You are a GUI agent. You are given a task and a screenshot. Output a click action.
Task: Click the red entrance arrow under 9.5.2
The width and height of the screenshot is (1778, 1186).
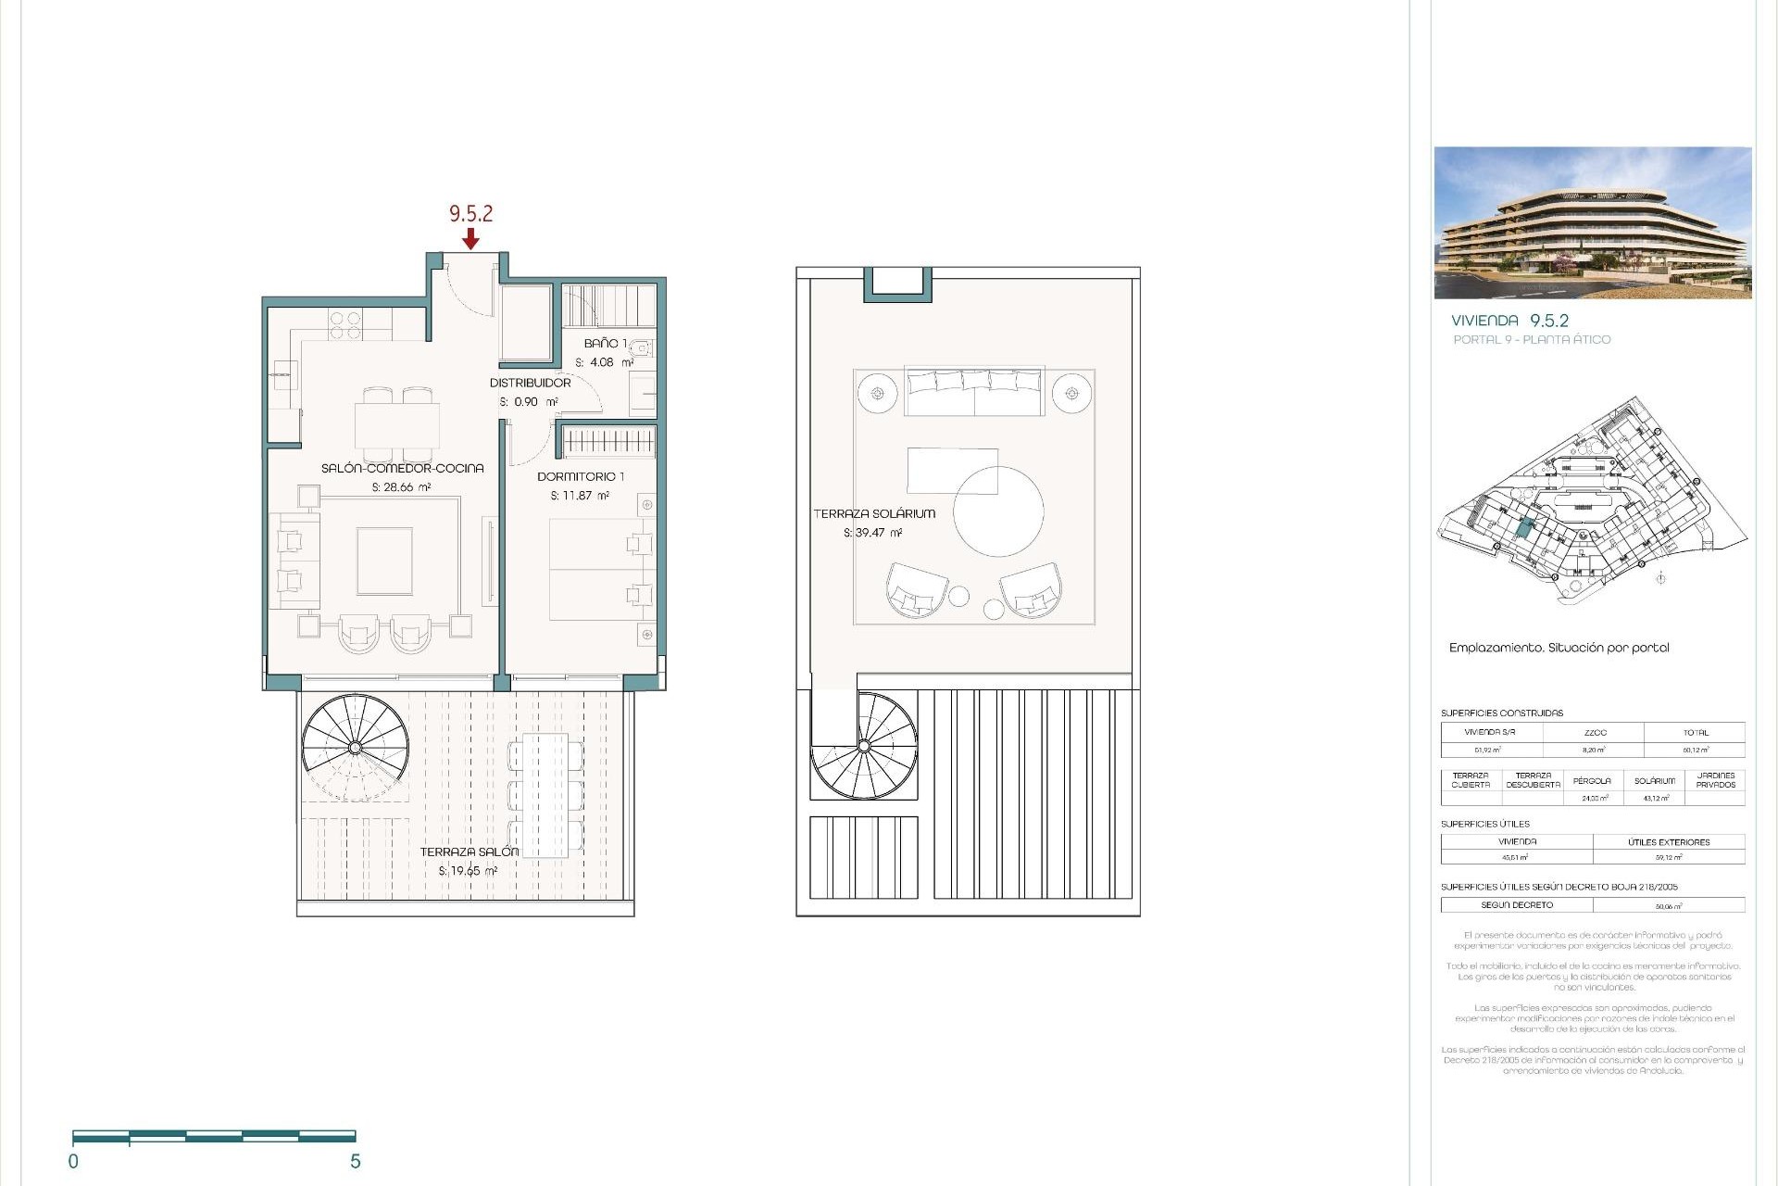coord(470,239)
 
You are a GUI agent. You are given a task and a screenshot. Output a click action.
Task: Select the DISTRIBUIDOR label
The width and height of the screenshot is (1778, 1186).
coord(530,383)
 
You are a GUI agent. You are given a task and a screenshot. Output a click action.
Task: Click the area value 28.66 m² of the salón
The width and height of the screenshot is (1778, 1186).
coord(401,487)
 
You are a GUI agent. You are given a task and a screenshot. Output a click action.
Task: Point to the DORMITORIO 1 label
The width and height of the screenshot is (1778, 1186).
coord(581,476)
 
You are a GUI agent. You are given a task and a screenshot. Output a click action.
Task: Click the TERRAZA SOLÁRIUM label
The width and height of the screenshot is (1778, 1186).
coord(874,513)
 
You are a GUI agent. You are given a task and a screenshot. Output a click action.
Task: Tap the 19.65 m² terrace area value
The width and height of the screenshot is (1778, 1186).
coord(468,871)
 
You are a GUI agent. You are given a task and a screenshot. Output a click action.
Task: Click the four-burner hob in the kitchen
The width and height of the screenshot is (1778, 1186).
coord(345,325)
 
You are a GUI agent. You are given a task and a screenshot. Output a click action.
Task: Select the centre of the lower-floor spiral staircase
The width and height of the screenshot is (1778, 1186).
coord(356,747)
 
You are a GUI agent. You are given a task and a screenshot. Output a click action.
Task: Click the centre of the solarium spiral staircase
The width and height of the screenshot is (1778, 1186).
coord(864,745)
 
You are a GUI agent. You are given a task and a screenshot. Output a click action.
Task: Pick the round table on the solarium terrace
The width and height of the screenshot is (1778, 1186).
coord(998,511)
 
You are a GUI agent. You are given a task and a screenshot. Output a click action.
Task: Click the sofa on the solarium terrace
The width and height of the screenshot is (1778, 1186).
coord(974,392)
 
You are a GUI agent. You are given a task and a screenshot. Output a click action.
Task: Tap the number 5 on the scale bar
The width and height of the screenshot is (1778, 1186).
coord(355,1161)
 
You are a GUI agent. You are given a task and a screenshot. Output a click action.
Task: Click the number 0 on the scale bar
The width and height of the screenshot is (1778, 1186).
coord(73,1161)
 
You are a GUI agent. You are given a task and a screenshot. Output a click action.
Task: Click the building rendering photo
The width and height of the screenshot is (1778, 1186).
coord(1592,222)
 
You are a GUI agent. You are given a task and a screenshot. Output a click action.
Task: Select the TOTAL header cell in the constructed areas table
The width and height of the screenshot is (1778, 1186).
coord(1695,732)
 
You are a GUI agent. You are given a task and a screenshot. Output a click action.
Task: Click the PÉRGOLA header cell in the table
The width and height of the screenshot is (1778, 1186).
coord(1592,780)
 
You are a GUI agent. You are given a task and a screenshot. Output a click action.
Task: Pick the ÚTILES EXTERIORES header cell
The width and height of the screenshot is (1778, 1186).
coord(1669,842)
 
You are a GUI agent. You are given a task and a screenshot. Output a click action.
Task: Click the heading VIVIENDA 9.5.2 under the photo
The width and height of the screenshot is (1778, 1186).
coord(1509,321)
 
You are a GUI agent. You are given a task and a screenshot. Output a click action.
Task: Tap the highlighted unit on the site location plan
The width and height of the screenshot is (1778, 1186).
coord(1524,530)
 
